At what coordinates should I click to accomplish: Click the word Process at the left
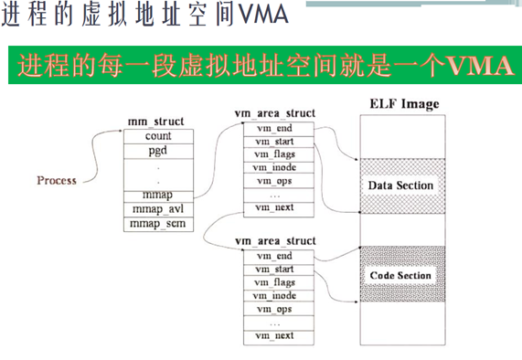pyautogui.click(x=57, y=180)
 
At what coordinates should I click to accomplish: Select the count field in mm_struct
pyautogui.click(x=157, y=135)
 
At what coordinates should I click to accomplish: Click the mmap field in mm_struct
pyautogui.click(x=157, y=195)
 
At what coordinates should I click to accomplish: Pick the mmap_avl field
pyautogui.click(x=157, y=209)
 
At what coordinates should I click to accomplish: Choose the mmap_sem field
pyautogui.click(x=157, y=223)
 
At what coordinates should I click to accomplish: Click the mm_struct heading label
pyautogui.click(x=157, y=121)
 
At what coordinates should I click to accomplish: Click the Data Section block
pyautogui.click(x=400, y=185)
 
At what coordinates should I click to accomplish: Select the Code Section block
pyautogui.click(x=400, y=274)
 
